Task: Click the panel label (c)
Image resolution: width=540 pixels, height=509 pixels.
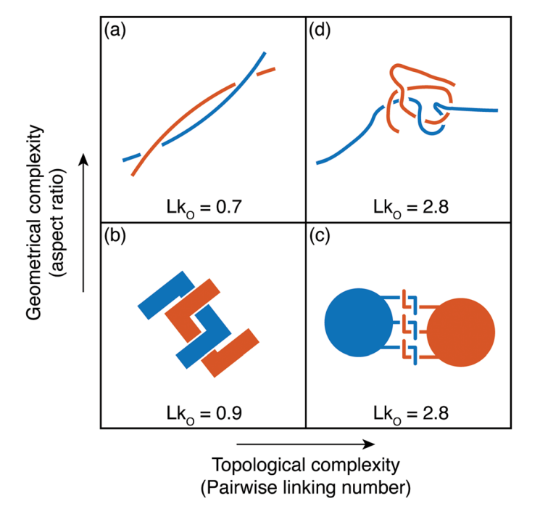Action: [x=321, y=237]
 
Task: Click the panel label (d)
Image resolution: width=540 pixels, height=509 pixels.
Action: [x=321, y=31]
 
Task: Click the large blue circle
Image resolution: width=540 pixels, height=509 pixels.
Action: [x=358, y=322]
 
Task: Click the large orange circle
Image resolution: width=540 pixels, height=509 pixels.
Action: [x=461, y=332]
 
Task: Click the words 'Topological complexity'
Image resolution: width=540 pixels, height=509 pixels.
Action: [x=305, y=465]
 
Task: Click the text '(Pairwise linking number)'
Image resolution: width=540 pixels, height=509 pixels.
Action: [x=305, y=486]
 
